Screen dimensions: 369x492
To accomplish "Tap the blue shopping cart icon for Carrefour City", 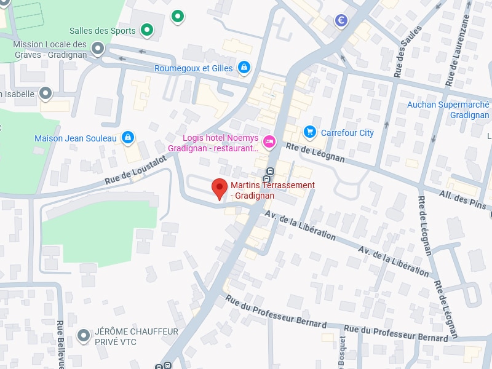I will pos(310,132).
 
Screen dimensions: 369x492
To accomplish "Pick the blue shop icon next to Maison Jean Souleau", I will pos(127,138).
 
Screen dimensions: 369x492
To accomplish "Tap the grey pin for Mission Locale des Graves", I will pos(97,49).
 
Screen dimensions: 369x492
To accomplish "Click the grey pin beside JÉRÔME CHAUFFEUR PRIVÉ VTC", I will pos(84,336).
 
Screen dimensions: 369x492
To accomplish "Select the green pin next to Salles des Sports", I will pos(146,30).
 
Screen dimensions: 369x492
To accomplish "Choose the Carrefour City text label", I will pos(347,133).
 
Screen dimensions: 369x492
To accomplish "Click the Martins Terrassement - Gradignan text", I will pos(272,190).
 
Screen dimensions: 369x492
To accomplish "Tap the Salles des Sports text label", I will pos(103,31).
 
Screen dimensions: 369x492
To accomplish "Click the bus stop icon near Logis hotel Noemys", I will pos(269,172).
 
